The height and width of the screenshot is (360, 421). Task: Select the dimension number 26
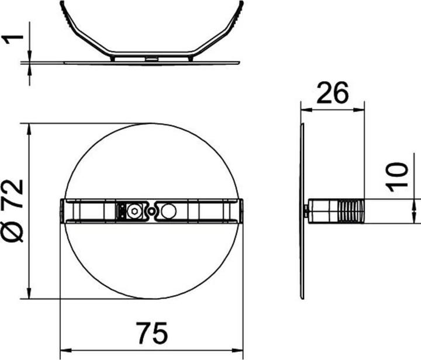point(332,93)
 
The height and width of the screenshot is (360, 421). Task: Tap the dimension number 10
point(398,176)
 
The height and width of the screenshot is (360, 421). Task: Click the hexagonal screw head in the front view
point(135,211)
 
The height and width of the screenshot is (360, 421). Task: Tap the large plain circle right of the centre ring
point(170,211)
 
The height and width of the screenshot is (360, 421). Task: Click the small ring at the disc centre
point(151,211)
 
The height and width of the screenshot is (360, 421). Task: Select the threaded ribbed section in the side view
point(350,211)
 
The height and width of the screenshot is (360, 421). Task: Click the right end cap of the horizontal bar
point(240,211)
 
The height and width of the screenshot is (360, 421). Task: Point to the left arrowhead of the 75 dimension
point(65,350)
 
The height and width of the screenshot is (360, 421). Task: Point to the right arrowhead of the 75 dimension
point(238,350)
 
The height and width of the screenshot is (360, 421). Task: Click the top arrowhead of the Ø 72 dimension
point(29,128)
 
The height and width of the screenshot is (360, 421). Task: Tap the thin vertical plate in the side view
point(302,211)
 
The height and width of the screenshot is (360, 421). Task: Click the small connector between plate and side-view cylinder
point(307,211)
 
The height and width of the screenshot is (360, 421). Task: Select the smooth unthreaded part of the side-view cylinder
point(323,211)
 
